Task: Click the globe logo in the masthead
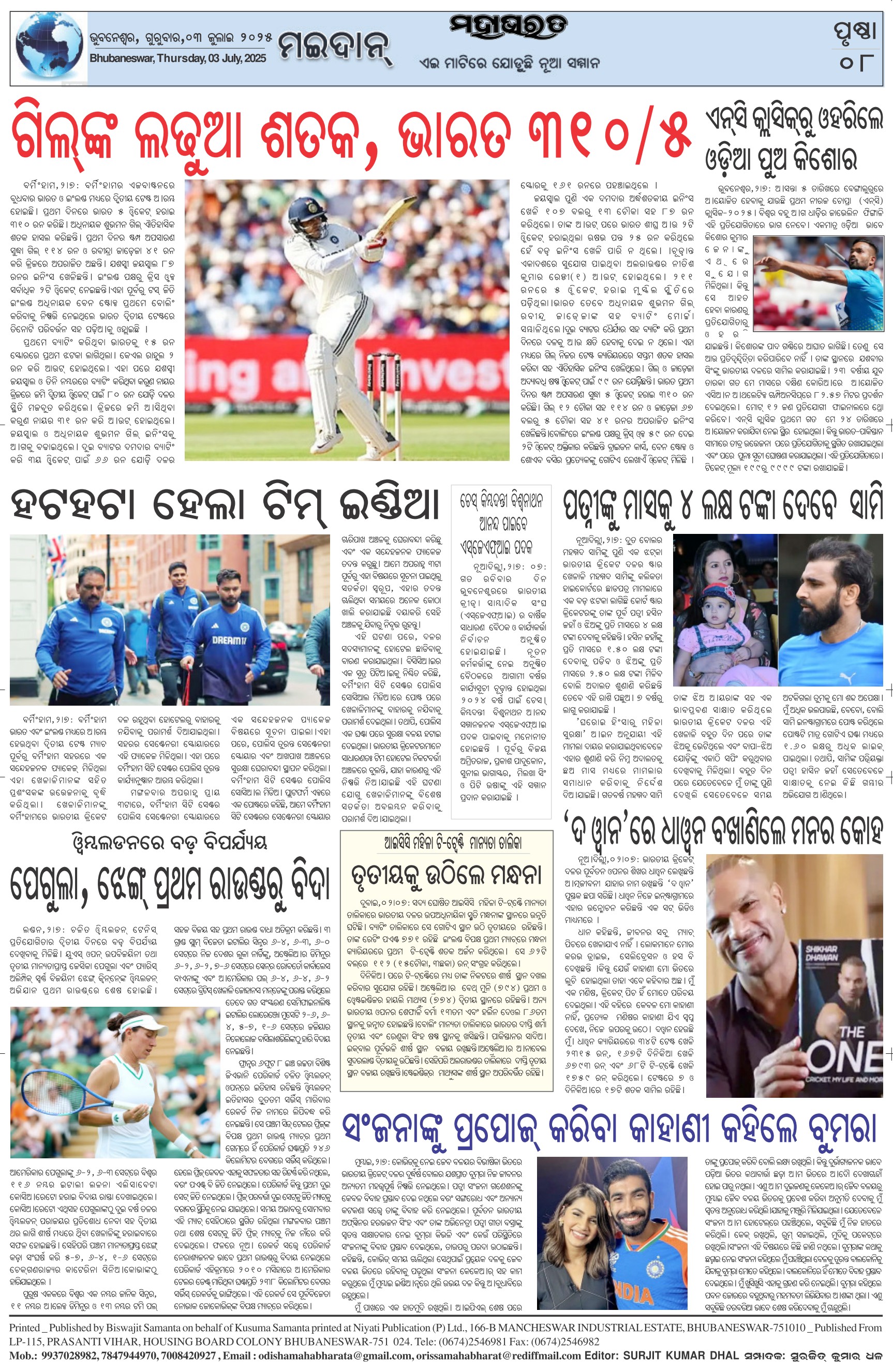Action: pyautogui.click(x=49, y=49)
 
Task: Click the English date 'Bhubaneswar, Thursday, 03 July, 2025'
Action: pyautogui.click(x=178, y=58)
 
